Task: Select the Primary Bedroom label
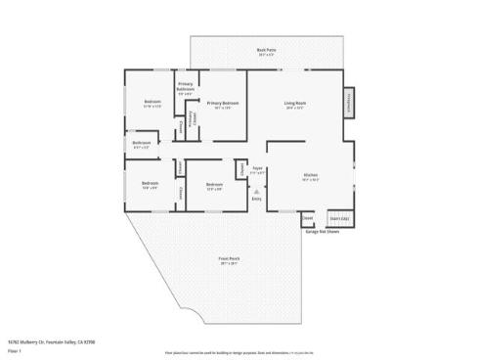point(223,104)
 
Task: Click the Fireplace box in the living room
point(347,103)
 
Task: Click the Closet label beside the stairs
point(308,218)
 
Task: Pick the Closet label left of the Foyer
point(241,168)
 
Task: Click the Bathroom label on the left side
point(142,144)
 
